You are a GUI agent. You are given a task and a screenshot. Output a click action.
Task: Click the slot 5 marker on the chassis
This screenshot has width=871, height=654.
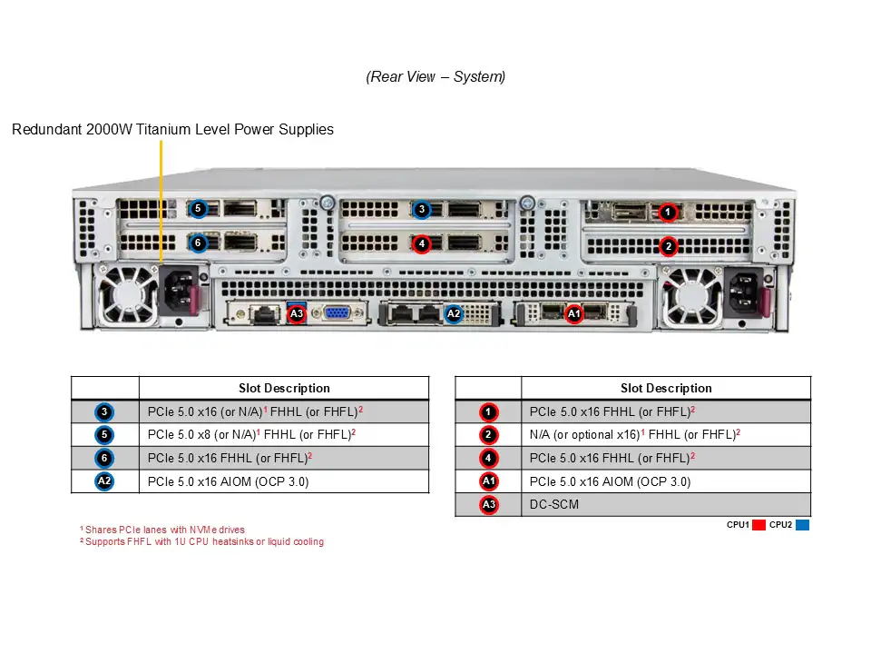tap(199, 209)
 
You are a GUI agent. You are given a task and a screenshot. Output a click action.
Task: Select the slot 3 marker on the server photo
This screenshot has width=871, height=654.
tap(421, 210)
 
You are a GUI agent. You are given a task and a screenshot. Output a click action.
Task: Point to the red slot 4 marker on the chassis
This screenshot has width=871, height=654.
tap(421, 243)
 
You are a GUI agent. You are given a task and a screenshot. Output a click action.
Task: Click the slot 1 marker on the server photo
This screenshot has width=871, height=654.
tap(668, 212)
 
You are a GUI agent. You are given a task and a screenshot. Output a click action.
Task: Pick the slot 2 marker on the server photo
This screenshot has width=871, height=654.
tap(668, 245)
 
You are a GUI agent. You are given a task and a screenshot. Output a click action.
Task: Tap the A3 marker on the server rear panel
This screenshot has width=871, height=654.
tap(297, 314)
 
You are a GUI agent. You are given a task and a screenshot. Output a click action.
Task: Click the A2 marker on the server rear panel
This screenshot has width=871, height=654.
tap(454, 314)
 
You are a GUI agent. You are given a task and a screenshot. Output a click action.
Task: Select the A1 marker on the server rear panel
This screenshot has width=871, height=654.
tap(573, 314)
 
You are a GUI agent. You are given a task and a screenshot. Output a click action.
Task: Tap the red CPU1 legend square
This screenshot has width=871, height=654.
tap(759, 525)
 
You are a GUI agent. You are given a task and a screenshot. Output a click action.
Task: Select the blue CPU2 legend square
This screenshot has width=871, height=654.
tap(802, 525)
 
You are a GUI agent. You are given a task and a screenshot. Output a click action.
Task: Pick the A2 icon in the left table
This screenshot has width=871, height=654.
tap(105, 481)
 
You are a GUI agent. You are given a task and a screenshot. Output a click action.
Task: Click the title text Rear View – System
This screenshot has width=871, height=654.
tap(435, 76)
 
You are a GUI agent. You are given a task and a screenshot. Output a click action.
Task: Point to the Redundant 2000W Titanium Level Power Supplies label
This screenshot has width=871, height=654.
tap(172, 129)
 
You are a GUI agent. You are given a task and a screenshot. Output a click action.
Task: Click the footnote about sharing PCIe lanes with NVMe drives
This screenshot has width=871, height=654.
tap(163, 530)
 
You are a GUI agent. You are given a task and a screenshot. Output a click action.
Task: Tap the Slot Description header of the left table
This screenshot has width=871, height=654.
tap(284, 388)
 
